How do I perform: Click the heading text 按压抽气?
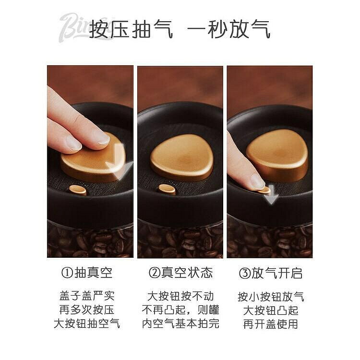[131, 30]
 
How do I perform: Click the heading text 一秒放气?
[228, 30]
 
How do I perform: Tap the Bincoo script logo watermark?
[76, 27]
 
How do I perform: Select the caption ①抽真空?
[87, 273]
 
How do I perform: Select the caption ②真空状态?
[180, 273]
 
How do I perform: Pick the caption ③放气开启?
[271, 273]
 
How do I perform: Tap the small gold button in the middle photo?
[167, 190]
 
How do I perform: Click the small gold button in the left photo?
[78, 190]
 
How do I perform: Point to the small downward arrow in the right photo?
[271, 195]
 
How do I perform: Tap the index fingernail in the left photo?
[103, 138]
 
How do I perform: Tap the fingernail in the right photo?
[257, 181]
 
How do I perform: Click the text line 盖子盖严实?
[87, 296]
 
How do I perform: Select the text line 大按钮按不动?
[180, 296]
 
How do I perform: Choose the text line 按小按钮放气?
[271, 297]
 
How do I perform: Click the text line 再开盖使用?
[271, 324]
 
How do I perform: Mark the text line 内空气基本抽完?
[180, 324]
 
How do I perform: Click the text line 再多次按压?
[87, 310]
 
